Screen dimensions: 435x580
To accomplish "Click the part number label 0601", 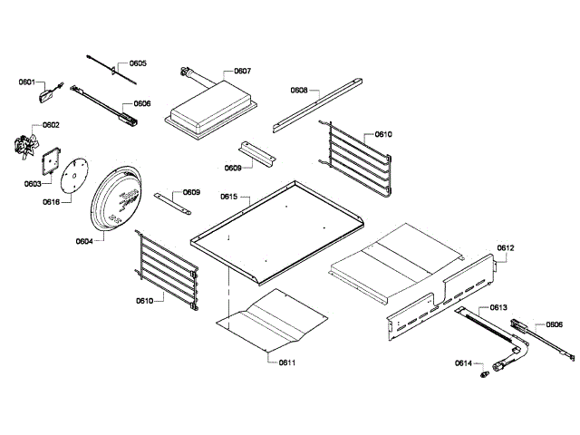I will [x=26, y=82].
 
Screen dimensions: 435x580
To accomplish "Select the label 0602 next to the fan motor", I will [x=51, y=125].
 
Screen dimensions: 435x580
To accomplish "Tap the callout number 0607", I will [x=242, y=71].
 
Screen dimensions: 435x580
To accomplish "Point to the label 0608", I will [x=299, y=91].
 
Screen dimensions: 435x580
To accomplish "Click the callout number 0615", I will [x=228, y=197].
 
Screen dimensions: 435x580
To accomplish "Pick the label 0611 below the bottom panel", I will [x=287, y=362].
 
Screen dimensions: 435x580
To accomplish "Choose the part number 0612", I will [x=505, y=247].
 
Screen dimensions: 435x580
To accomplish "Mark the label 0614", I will [x=464, y=363].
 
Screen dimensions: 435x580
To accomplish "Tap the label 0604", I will [x=83, y=242].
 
